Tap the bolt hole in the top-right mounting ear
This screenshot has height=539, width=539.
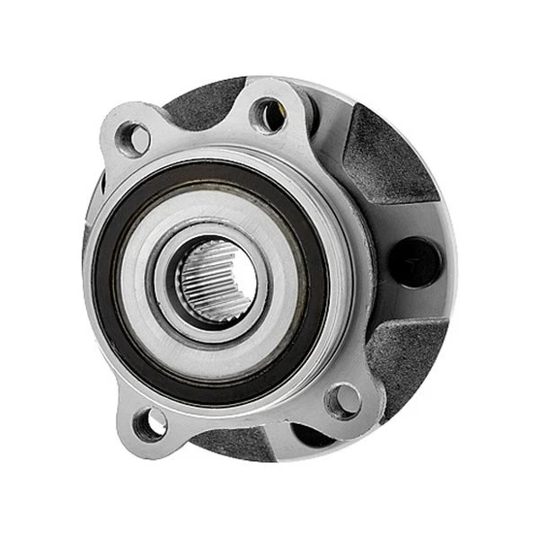click(x=269, y=114)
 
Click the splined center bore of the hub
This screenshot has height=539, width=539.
click(x=216, y=281)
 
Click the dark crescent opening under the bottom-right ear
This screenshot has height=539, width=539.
click(x=310, y=435)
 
